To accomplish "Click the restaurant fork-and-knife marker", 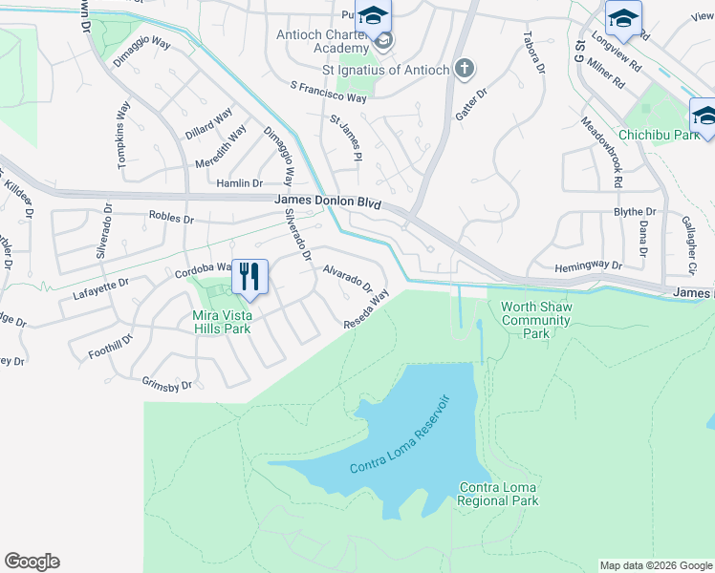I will [249, 277].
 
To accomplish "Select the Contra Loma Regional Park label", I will [498, 494].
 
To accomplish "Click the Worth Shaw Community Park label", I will [536, 321].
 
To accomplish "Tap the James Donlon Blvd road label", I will [328, 202].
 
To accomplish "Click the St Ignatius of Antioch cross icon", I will [464, 68].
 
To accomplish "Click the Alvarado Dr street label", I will [347, 278].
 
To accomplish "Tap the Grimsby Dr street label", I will [166, 385].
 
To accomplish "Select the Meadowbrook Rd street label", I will [602, 152].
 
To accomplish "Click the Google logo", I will [32, 562].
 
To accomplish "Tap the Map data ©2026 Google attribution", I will [656, 565].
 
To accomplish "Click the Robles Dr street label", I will [171, 218].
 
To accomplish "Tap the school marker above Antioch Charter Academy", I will [373, 16].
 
